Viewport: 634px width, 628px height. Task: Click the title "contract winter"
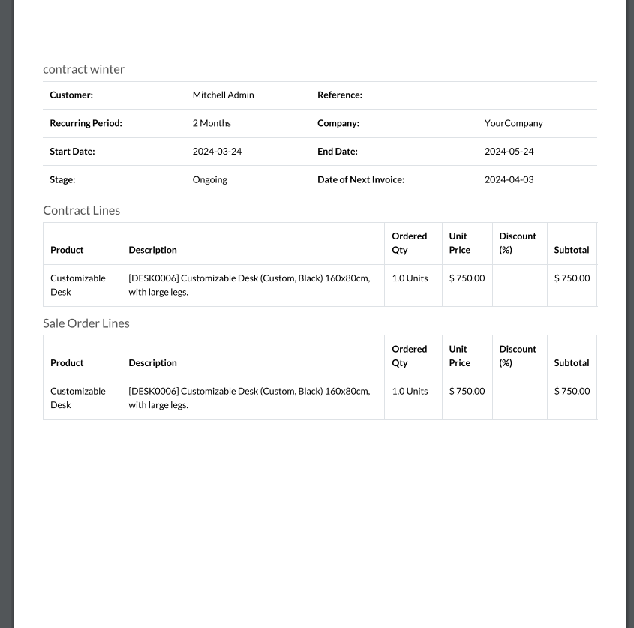[83, 69]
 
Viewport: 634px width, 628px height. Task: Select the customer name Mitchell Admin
[223, 95]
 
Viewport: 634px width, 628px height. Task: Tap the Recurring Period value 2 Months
[212, 123]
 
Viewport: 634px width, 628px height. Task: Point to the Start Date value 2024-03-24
[217, 152]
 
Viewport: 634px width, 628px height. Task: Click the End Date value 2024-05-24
[509, 152]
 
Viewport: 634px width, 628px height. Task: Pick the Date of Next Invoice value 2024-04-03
[509, 180]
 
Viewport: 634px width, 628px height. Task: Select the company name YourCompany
[513, 123]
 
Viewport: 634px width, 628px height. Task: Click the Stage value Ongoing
[209, 180]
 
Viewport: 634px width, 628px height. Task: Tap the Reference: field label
[339, 95]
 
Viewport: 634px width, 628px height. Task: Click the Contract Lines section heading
[81, 211]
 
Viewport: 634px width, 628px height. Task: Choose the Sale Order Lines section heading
[86, 323]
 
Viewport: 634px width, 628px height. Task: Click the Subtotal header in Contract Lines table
[571, 250]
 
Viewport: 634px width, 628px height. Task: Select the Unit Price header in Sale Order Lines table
[459, 356]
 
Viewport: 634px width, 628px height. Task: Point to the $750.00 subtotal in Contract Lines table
[572, 278]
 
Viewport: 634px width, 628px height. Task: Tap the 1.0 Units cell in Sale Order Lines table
[410, 391]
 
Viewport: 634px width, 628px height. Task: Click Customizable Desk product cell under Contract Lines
[77, 285]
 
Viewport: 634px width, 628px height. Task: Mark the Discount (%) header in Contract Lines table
[518, 243]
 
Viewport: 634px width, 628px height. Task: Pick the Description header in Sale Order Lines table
[152, 363]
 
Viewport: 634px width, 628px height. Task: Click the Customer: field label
[71, 95]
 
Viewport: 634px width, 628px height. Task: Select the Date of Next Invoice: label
[361, 180]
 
